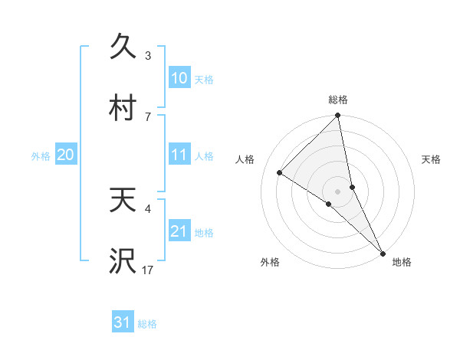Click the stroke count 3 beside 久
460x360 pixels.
(x=148, y=55)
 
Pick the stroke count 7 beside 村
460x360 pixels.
(x=148, y=116)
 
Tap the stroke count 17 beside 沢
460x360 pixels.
(x=148, y=270)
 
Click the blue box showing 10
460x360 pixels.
(x=179, y=78)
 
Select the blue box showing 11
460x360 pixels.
(x=179, y=155)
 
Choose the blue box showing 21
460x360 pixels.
(x=179, y=231)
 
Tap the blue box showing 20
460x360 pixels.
(x=65, y=155)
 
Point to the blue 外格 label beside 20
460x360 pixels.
(x=41, y=155)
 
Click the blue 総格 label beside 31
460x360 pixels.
(x=147, y=324)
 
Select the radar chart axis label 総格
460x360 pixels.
(x=338, y=100)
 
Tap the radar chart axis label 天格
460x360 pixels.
(x=432, y=159)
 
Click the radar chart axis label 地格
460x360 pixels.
(x=402, y=262)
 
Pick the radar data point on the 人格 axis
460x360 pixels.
(x=279, y=172)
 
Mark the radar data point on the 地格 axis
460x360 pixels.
(x=383, y=252)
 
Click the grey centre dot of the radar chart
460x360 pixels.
(x=338, y=191)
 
